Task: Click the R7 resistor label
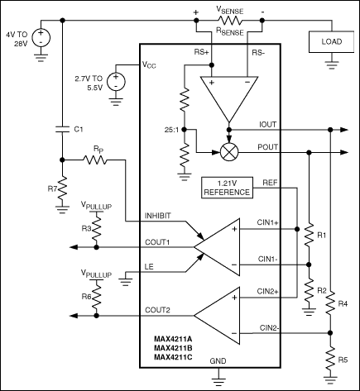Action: click(50, 189)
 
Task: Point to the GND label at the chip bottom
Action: click(218, 361)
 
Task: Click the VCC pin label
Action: click(149, 64)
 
